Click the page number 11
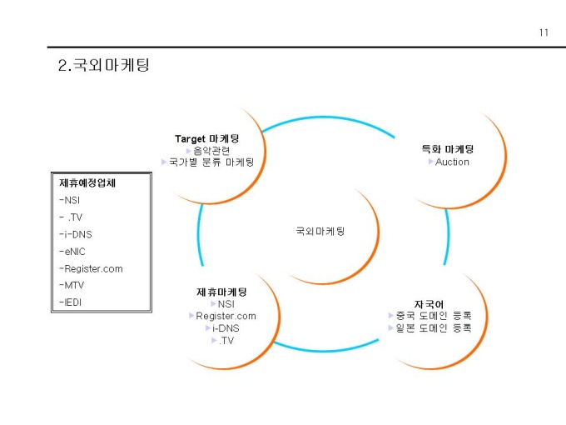point(544,32)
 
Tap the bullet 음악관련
point(211,151)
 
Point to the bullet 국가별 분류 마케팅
point(211,162)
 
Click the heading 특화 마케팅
point(448,149)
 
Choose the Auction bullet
point(452,162)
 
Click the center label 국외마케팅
point(320,231)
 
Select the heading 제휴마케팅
point(221,292)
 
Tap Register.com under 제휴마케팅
point(226,316)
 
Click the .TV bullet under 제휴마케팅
point(226,340)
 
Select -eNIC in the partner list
point(72,251)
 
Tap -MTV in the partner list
point(72,285)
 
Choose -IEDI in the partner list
point(71,302)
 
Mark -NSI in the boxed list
point(70,200)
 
